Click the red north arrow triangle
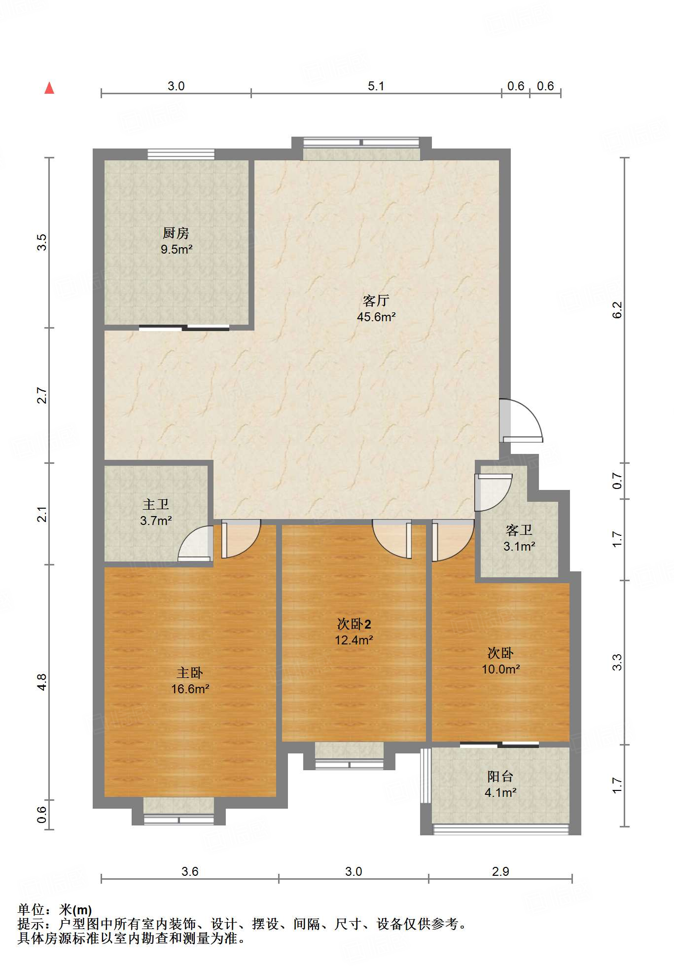pos(49,88)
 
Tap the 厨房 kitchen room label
pos(176,233)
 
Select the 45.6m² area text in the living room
pos(376,317)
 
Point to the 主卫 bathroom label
pos(156,504)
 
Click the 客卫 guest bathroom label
pos(519,530)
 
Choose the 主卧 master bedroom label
pos(190,673)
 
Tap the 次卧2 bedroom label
pos(354,624)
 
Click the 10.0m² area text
pos(501,669)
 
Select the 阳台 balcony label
pos(500,776)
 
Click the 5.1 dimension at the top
pos(376,86)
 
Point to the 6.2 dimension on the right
pos(617,310)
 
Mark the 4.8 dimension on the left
pos(42,682)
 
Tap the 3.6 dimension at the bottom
pos(190,871)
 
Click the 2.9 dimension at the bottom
pos(500,871)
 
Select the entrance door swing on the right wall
pos(521,420)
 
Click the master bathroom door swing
pos(195,544)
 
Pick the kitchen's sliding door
pos(184,327)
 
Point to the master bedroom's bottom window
pos(178,820)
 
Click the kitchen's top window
pos(181,154)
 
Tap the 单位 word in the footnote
pos(31,909)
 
